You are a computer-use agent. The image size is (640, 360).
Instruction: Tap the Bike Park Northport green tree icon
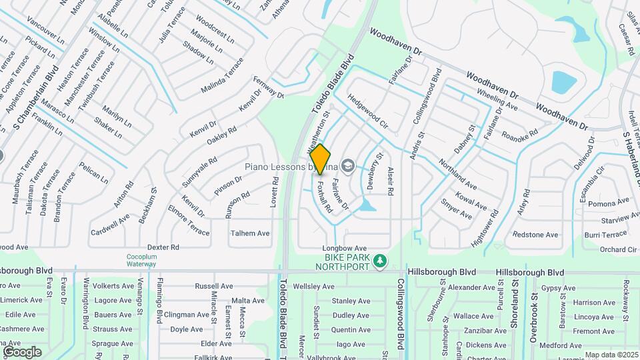(380, 261)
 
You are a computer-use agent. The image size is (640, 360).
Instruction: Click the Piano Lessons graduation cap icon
(347, 165)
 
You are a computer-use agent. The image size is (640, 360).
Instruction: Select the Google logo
(22, 352)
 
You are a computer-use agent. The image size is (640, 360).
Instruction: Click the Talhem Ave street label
(250, 233)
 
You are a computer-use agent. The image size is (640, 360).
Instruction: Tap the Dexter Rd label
(163, 247)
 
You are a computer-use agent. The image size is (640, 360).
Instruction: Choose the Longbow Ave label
(345, 247)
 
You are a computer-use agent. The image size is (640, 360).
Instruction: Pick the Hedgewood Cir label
(367, 111)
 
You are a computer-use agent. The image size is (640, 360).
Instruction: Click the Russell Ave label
(213, 285)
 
